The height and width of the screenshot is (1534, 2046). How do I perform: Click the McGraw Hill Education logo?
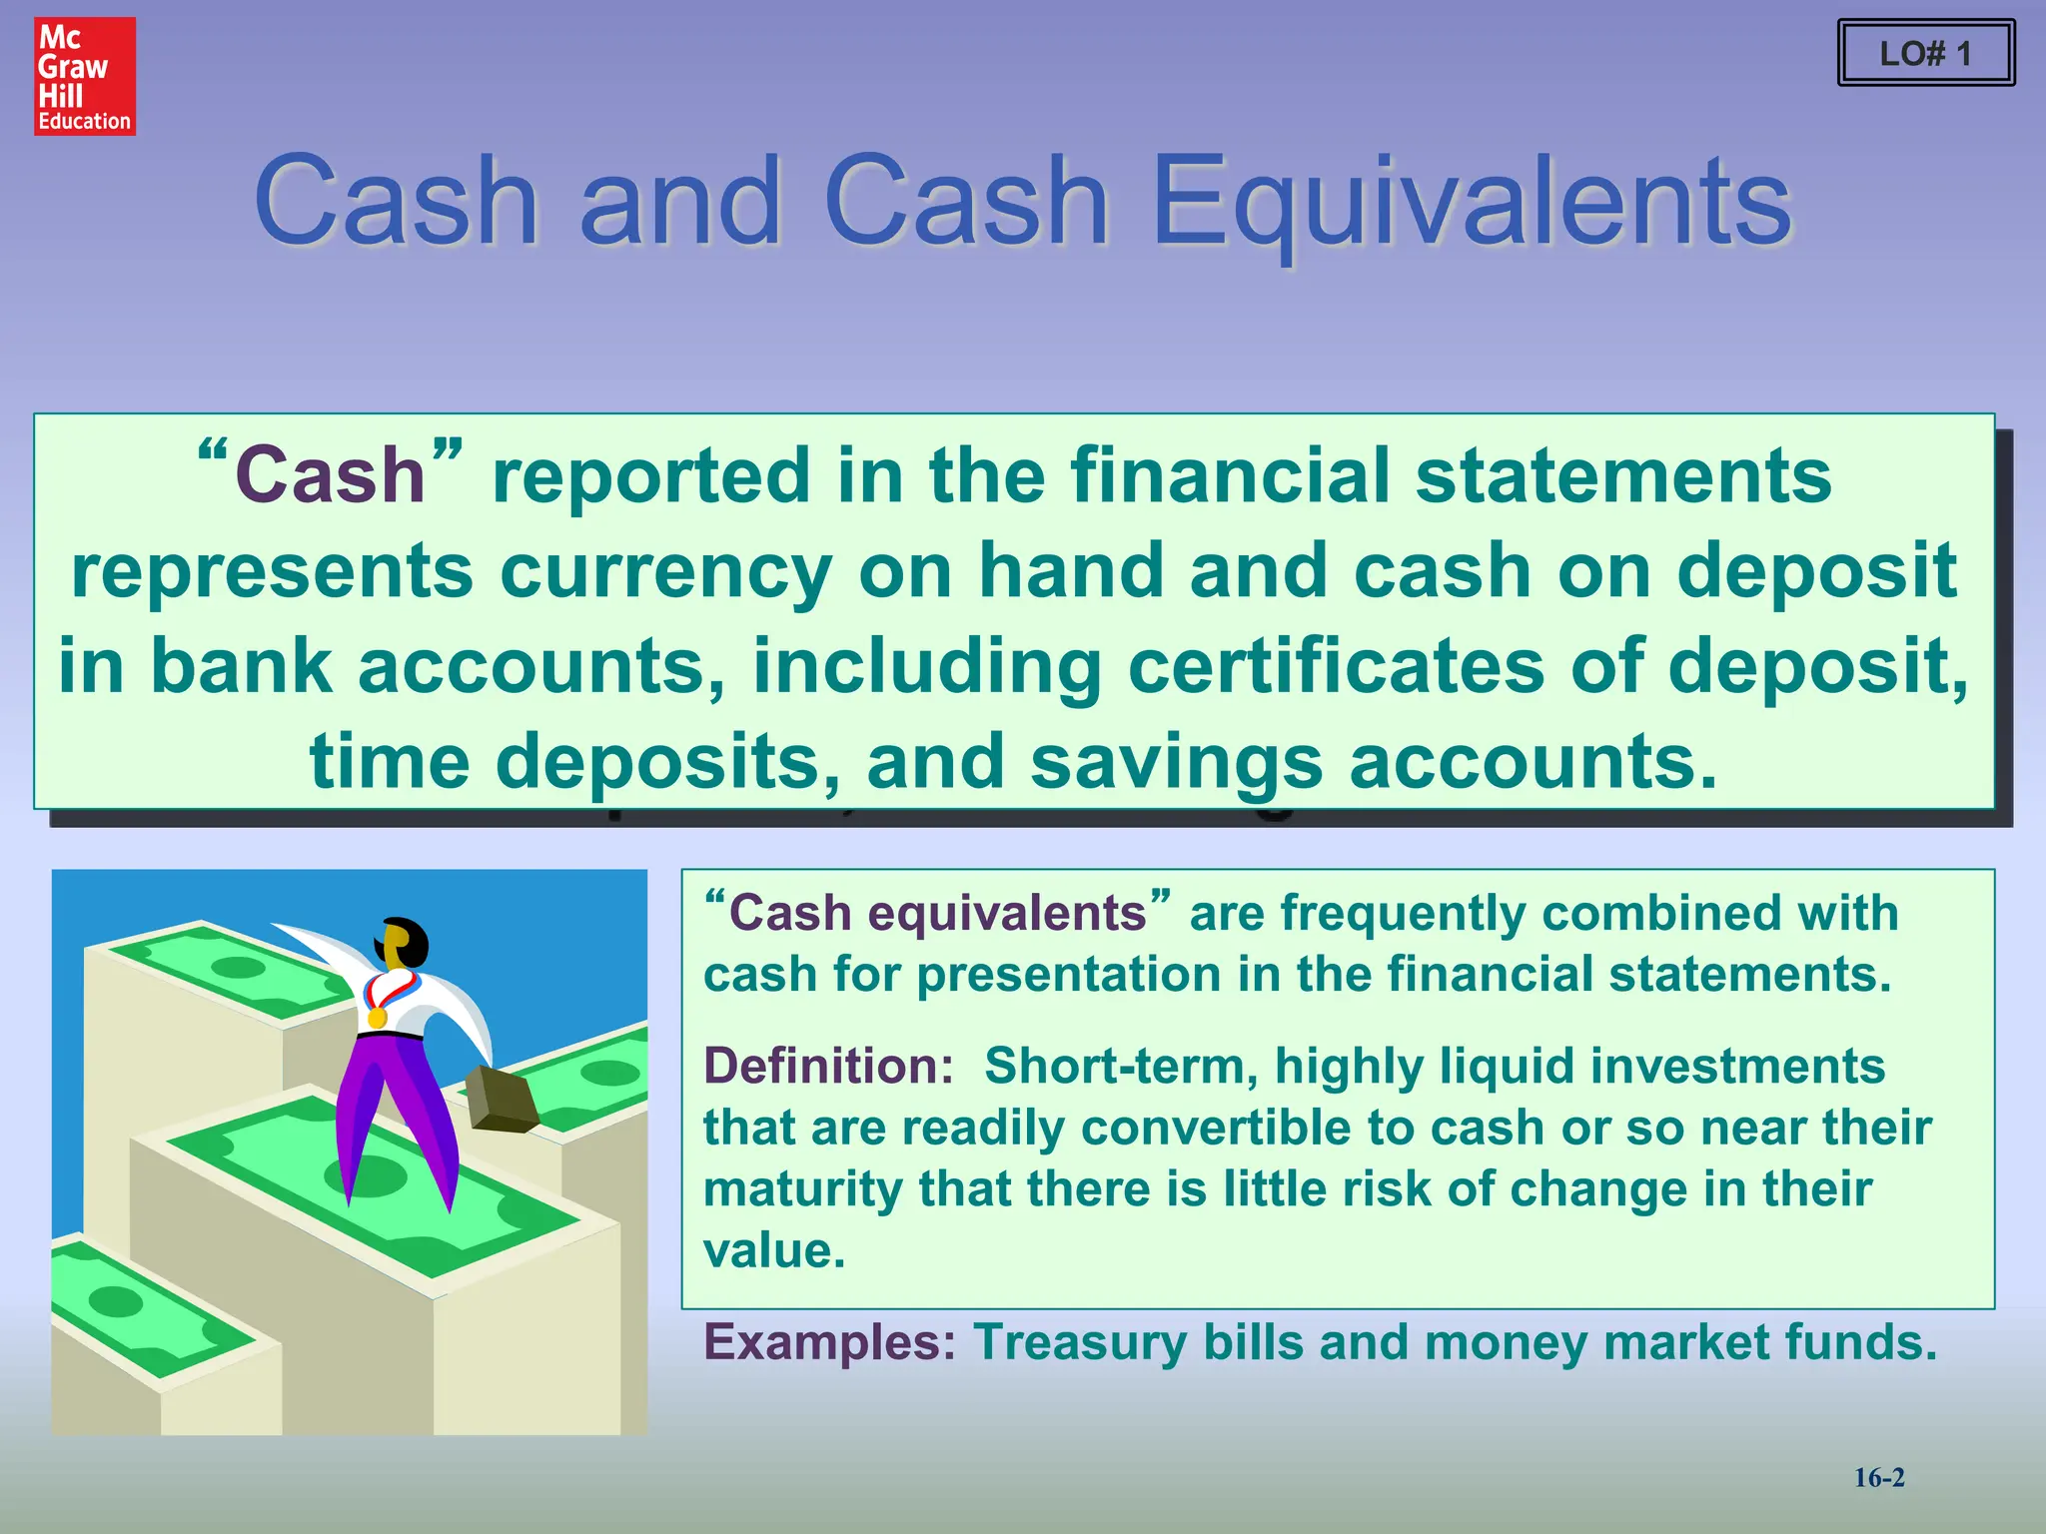tap(85, 77)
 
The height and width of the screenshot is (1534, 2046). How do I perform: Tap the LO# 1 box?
tap(1925, 53)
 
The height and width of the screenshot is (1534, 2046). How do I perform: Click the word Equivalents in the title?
tap(1471, 202)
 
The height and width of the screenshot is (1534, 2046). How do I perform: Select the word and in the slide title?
tap(679, 202)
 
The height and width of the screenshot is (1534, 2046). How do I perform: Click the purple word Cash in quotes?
tap(330, 475)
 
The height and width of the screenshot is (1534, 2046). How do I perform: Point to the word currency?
tap(665, 571)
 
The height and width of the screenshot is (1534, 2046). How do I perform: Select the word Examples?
tap(830, 1341)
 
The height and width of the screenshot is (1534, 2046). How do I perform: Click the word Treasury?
tap(1080, 1341)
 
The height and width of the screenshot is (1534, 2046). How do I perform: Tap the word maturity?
tap(803, 1189)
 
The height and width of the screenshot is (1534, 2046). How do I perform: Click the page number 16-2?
tap(1879, 1478)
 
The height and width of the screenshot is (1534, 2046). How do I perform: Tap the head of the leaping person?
tap(404, 943)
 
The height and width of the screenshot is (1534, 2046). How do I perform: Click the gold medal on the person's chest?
tap(377, 1017)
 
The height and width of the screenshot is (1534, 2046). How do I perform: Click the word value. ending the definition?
tap(774, 1250)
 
